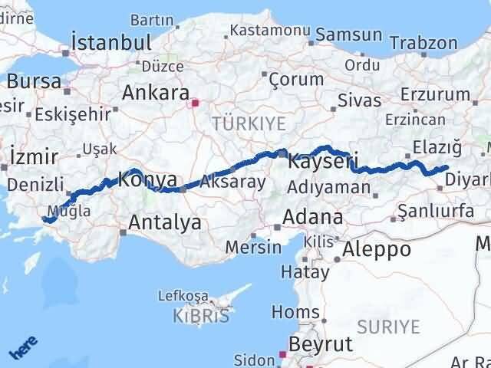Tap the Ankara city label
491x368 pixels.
[x=155, y=94]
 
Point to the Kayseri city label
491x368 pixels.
[x=323, y=163]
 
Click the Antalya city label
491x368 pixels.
[x=165, y=223]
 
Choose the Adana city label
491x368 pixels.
[x=312, y=217]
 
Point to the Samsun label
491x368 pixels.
[x=349, y=34]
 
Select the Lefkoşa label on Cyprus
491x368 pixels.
[x=183, y=295]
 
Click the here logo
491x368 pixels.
[x=24, y=349]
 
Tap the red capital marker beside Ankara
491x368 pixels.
[x=195, y=101]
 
